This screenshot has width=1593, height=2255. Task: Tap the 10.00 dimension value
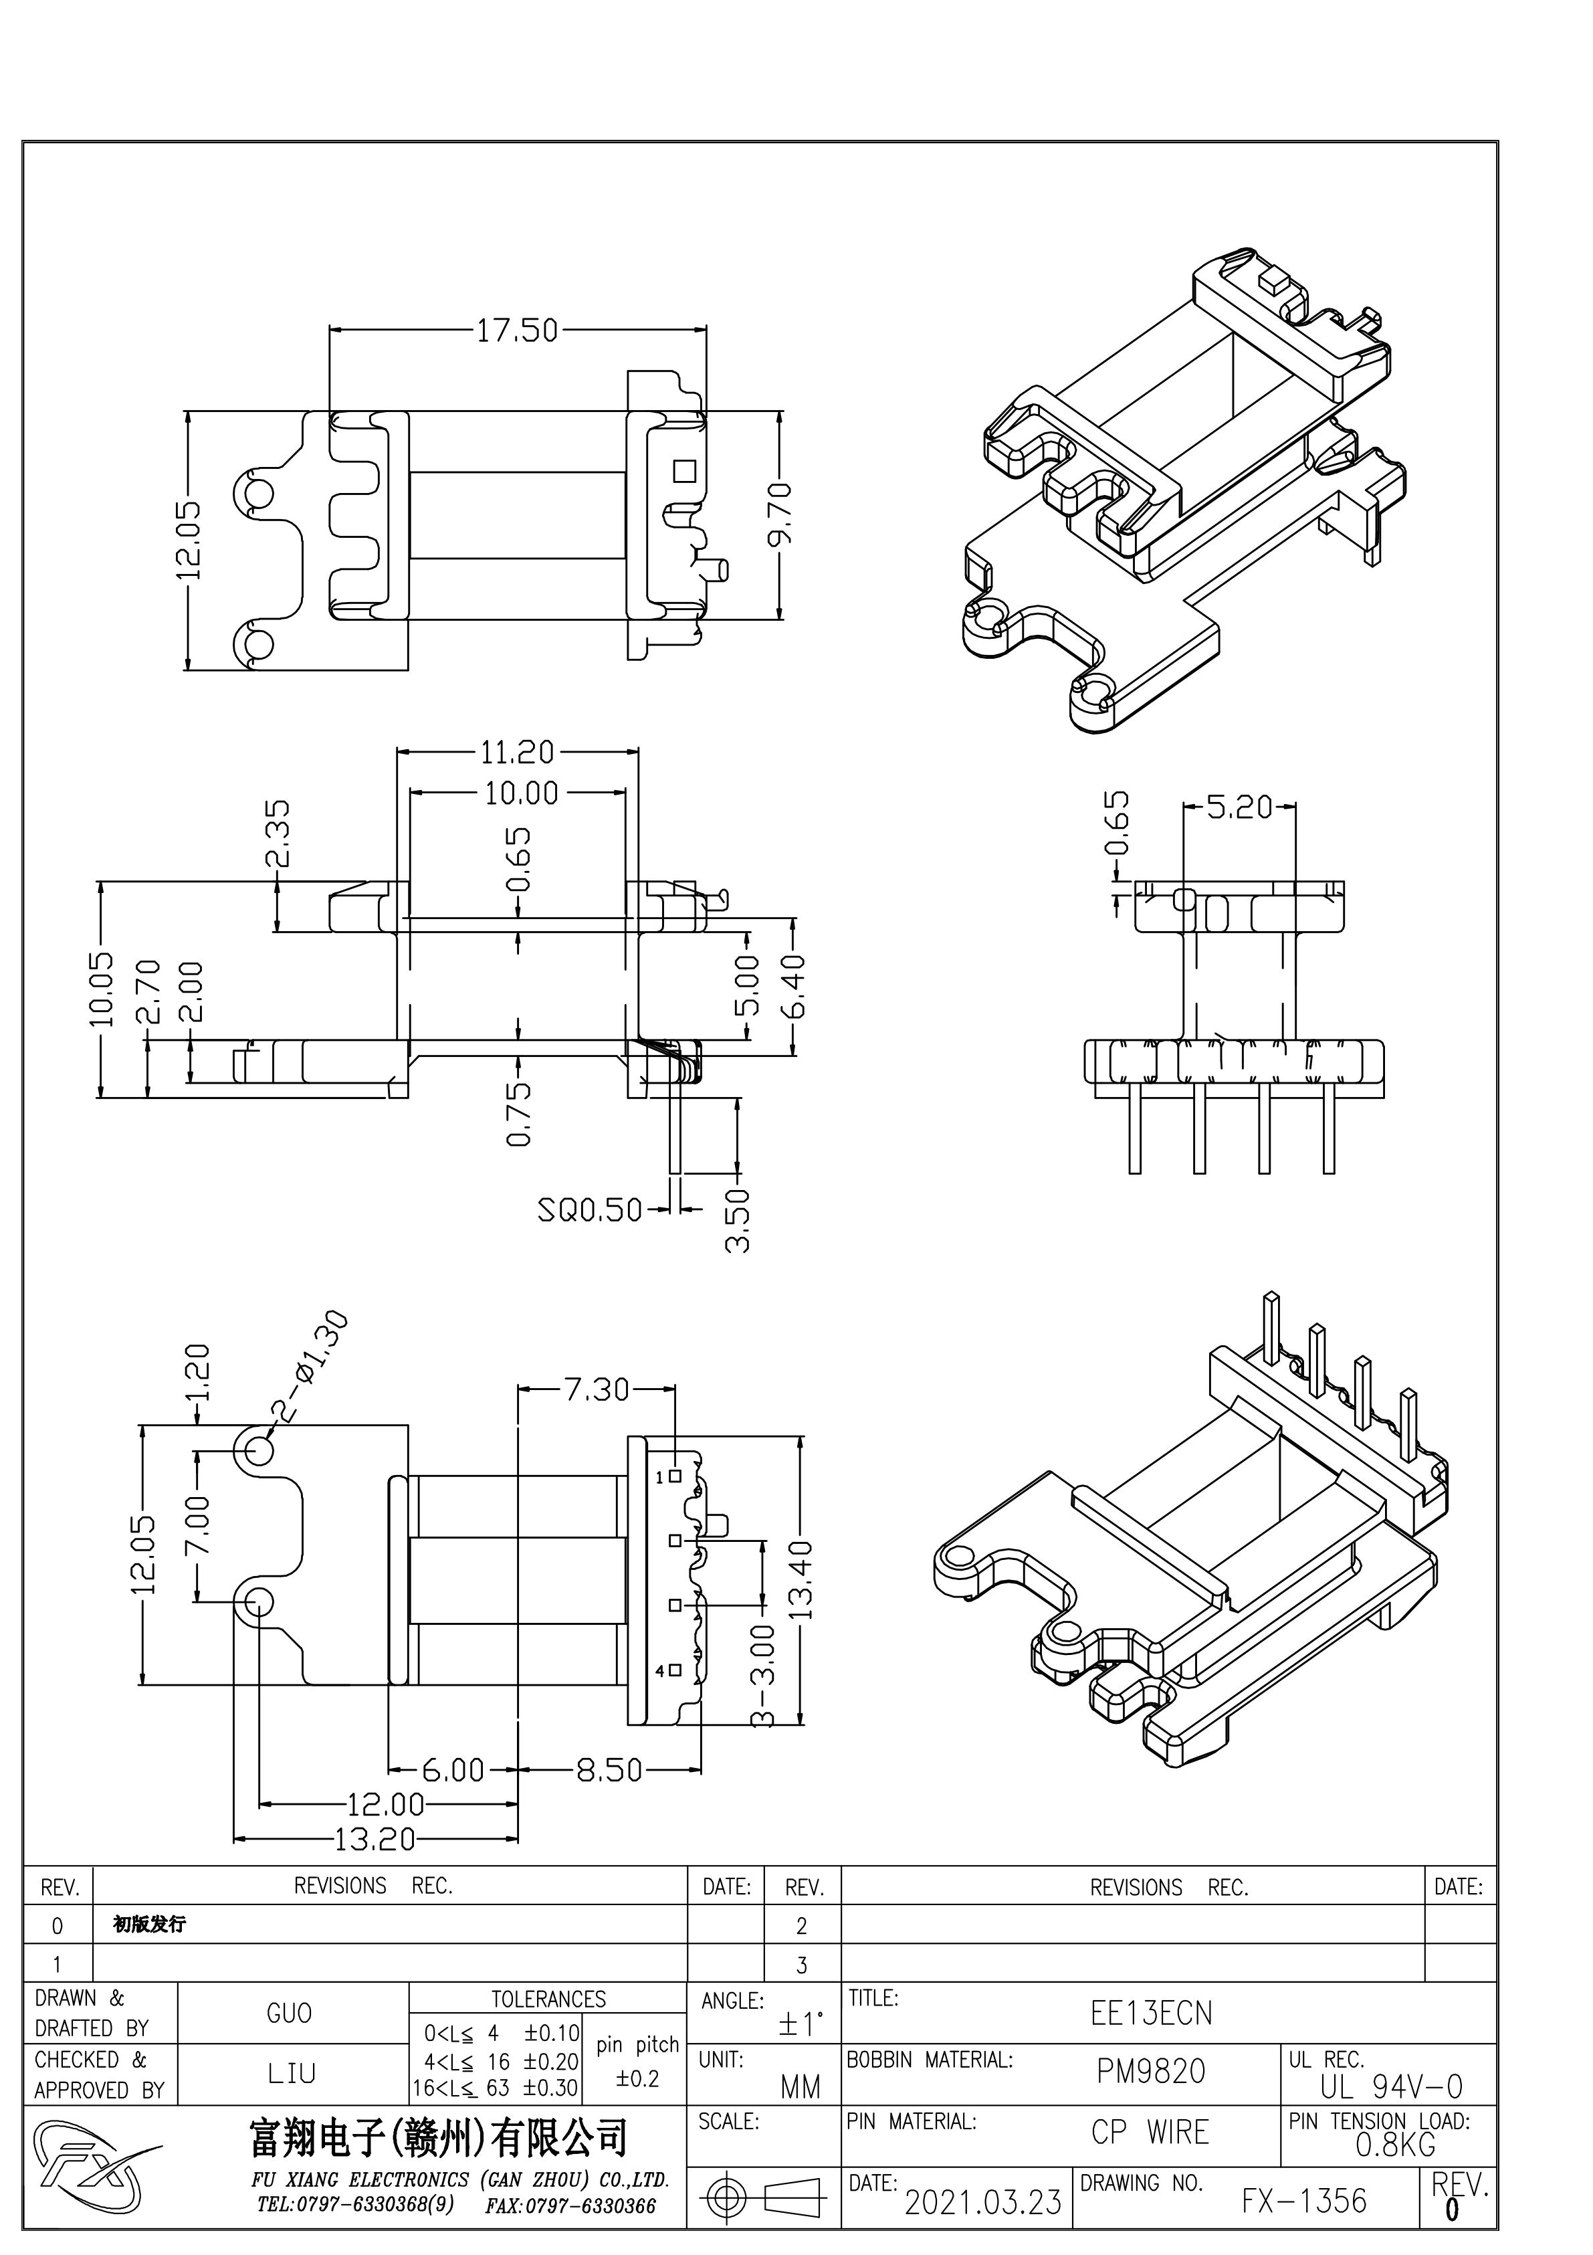click(520, 793)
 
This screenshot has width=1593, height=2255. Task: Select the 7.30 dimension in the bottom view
click(596, 1390)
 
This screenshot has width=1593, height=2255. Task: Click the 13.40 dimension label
click(801, 1579)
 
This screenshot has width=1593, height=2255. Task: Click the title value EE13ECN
click(1151, 2014)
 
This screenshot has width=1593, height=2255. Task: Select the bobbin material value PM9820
click(1150, 2072)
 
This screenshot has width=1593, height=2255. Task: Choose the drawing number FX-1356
click(1303, 2201)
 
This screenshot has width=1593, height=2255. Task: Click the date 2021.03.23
click(982, 2203)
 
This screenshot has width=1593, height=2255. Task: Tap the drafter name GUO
click(289, 2014)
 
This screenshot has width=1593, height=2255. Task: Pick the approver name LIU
click(292, 2073)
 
